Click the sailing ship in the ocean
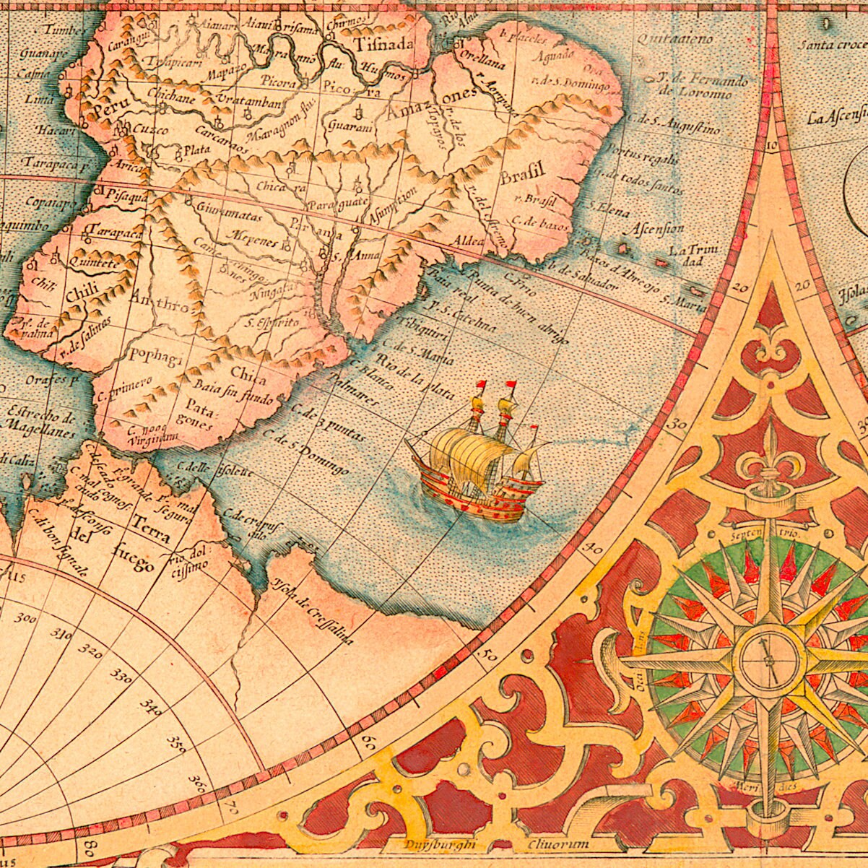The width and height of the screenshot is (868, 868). click(x=480, y=459)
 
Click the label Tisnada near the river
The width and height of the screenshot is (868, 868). click(x=384, y=44)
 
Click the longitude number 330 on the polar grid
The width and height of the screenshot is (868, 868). click(x=121, y=674)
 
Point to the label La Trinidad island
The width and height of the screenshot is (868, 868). click(x=693, y=255)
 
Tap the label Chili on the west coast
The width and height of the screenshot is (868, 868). click(x=77, y=295)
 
